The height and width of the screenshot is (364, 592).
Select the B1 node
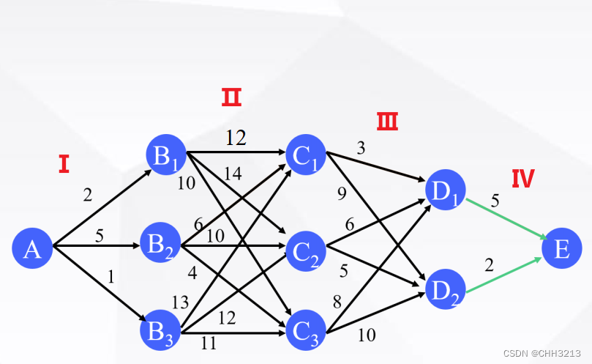(165, 155)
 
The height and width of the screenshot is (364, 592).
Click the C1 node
(307, 155)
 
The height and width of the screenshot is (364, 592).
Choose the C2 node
(307, 251)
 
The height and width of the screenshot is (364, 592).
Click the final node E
(561, 249)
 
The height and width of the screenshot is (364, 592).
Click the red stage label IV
(522, 179)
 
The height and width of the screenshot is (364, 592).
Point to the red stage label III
(387, 121)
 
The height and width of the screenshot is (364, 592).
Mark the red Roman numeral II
(231, 97)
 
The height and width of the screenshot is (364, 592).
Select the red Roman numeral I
(64, 164)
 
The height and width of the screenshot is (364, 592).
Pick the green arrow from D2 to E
(505, 275)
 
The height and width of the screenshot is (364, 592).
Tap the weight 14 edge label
(233, 173)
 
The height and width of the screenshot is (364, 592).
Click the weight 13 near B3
(180, 302)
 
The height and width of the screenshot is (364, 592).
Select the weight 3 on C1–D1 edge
(361, 148)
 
